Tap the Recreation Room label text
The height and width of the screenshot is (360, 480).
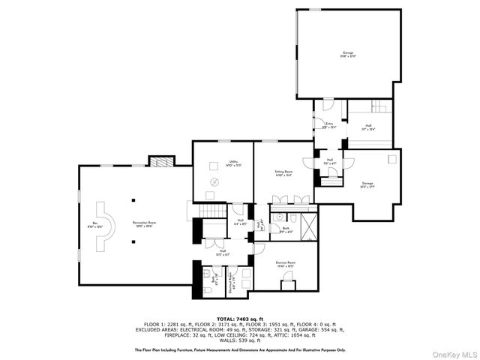pos(148,224)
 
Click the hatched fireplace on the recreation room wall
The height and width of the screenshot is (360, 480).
pos(160,160)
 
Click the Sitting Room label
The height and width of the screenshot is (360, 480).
pos(283,173)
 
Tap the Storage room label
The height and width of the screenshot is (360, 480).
pos(367,184)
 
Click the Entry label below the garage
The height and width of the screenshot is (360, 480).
pos(328,127)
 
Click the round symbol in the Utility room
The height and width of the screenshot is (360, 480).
pos(215,182)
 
